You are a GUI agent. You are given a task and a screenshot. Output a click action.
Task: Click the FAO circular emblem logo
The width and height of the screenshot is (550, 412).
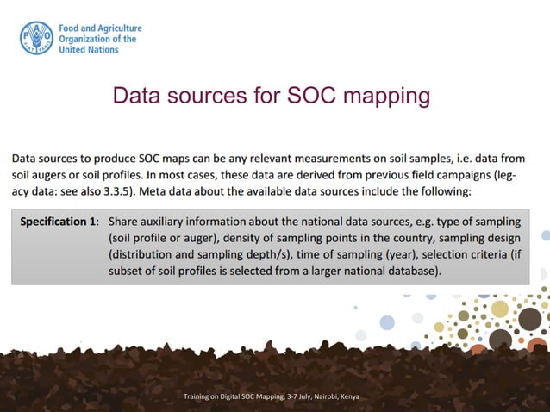pyautogui.click(x=36, y=39)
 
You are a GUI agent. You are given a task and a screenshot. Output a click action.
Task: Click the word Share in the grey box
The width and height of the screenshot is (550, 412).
pyautogui.click(x=125, y=221)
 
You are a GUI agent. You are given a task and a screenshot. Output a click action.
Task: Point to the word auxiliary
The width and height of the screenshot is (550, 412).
pyautogui.click(x=172, y=221)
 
